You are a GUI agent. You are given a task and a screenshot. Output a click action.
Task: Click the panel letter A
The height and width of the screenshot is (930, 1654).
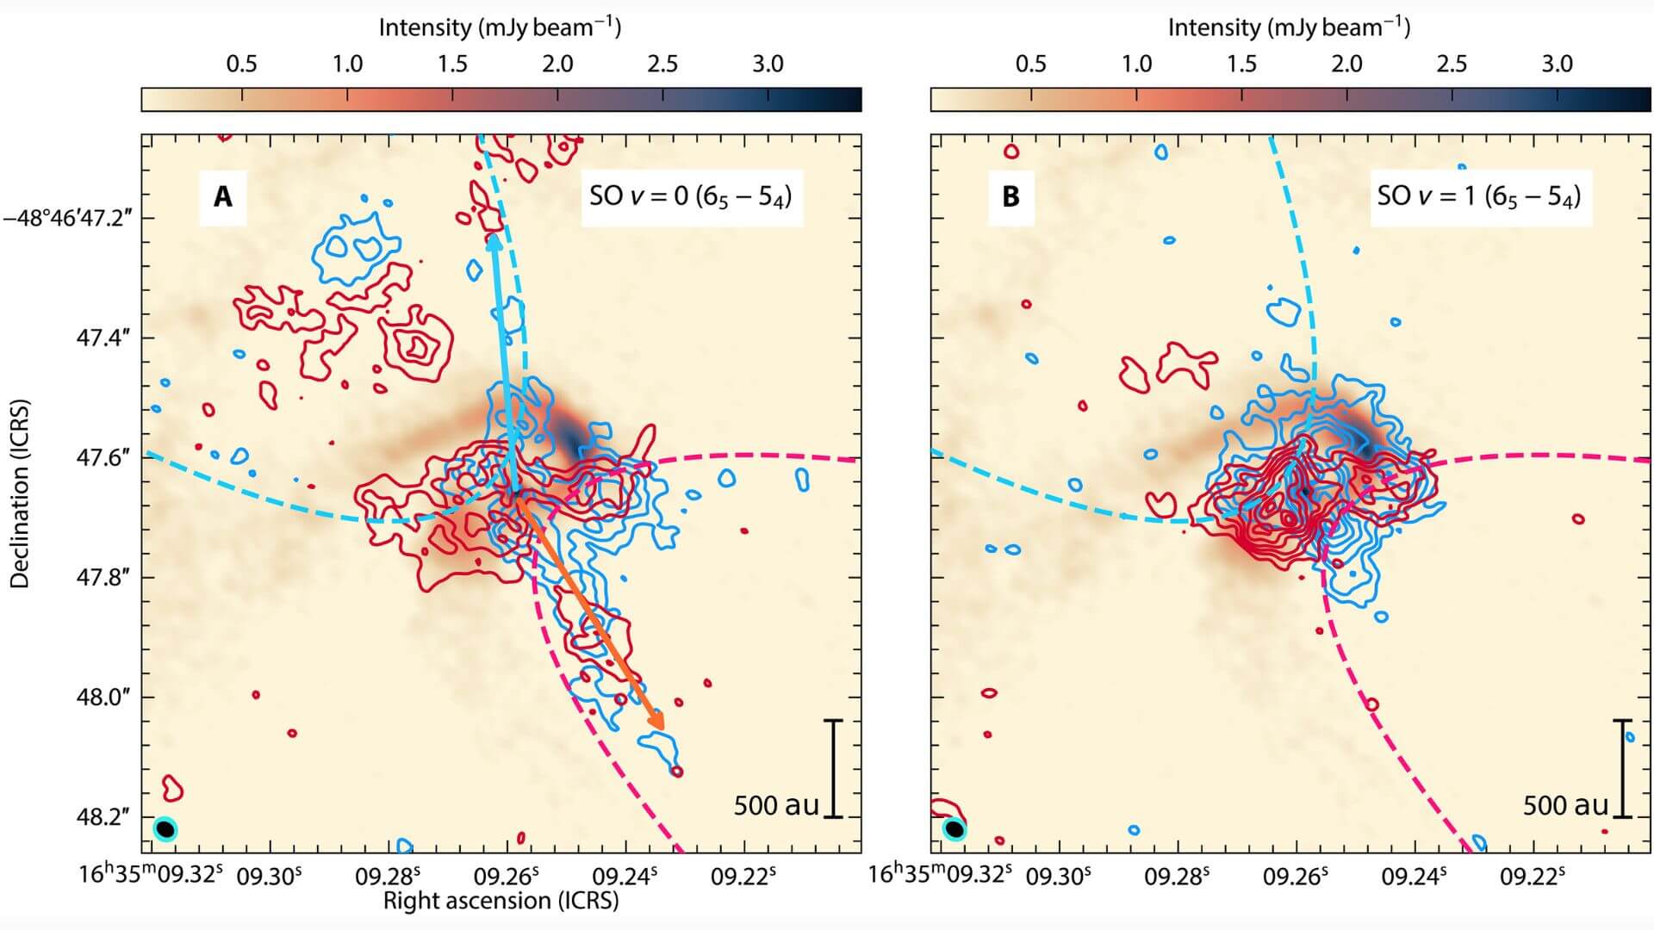[x=222, y=197]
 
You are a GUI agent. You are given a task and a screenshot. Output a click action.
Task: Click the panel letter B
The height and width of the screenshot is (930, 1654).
[x=1010, y=197]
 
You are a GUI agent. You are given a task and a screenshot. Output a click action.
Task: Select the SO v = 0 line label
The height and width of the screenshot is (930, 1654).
[x=690, y=196]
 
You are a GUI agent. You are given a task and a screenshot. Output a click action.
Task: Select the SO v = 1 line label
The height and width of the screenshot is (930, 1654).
[x=1479, y=196]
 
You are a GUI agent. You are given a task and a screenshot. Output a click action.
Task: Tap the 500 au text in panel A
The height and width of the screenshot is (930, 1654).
[x=776, y=805]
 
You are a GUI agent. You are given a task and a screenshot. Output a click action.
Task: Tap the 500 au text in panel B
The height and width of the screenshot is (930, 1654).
[x=1565, y=805]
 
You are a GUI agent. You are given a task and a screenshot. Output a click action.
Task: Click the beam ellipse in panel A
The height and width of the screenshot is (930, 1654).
[x=165, y=828]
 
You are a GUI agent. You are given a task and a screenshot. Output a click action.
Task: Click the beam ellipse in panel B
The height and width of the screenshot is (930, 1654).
[x=954, y=829]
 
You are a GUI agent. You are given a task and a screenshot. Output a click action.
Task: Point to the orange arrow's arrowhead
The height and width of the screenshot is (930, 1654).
[x=657, y=722]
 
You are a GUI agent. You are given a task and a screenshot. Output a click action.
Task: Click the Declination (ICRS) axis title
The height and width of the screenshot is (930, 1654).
[x=19, y=493]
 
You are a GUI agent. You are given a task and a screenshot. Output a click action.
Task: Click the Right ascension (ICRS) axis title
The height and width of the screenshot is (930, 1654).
[x=501, y=901]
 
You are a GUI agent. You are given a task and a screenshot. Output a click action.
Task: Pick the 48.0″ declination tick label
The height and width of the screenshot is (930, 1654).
[x=104, y=697]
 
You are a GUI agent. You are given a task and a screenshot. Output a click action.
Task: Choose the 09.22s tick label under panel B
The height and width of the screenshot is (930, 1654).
[x=1533, y=876]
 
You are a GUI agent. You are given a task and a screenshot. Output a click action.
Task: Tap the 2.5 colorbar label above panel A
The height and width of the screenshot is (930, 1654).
[x=662, y=64]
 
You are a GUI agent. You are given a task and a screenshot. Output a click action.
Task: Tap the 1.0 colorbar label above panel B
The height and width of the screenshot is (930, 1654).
[x=1136, y=64]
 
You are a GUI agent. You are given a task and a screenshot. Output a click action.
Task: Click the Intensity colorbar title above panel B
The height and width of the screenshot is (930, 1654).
[x=1289, y=28]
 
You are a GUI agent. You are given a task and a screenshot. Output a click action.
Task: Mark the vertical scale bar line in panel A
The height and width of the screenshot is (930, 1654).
[x=833, y=768]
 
